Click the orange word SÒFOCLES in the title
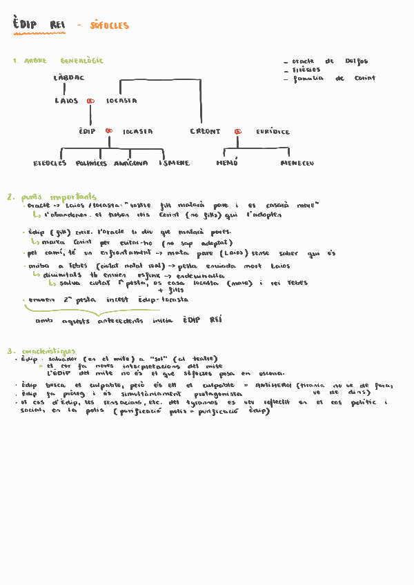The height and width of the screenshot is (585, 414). click(110, 26)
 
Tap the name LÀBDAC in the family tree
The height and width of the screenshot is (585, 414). click(69, 78)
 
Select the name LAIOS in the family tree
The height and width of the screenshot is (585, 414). click(67, 101)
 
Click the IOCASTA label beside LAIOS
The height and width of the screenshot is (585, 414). click(121, 101)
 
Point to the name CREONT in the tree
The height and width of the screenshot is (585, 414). click(206, 131)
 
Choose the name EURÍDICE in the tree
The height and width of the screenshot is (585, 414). click(273, 131)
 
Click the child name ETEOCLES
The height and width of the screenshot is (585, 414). click(50, 163)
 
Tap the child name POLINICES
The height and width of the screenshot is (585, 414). click(91, 163)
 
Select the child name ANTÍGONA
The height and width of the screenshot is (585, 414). click(131, 163)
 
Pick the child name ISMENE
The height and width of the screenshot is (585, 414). click(174, 163)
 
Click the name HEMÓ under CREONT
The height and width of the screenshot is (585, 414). click(226, 163)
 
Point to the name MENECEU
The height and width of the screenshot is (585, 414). click(297, 163)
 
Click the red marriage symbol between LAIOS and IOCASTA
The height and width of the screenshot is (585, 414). click(90, 101)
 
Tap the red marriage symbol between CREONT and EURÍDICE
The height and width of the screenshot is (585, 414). click(237, 131)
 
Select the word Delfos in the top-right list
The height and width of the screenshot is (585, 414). click(357, 61)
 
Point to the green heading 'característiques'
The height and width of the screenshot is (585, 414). click(48, 351)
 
